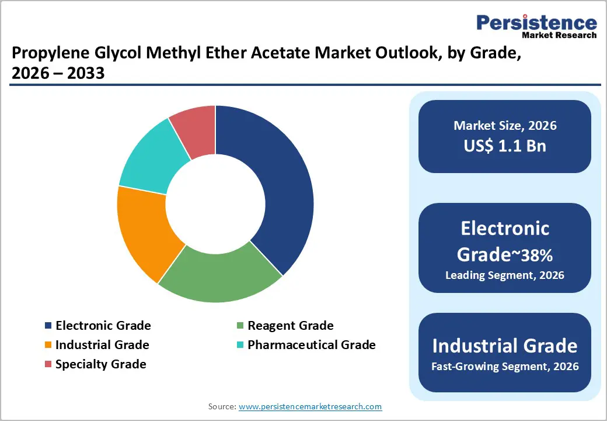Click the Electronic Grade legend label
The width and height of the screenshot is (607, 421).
[103, 326]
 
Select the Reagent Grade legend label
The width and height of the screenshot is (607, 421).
[290, 326]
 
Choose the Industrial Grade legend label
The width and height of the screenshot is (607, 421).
[102, 345]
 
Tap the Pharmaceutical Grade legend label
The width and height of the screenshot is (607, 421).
[311, 345]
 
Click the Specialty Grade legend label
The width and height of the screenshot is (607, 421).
[100, 364]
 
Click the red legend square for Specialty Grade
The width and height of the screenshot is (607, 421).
[48, 365]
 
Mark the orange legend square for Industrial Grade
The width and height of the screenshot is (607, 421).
[48, 346]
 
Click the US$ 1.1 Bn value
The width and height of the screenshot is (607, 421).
[505, 146]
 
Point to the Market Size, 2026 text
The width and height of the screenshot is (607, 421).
[505, 126]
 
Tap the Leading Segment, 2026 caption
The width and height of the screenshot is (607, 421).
[505, 275]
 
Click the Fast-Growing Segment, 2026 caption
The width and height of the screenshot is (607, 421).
[505, 367]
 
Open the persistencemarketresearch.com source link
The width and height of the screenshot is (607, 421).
[310, 406]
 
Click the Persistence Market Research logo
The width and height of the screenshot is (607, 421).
[536, 26]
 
